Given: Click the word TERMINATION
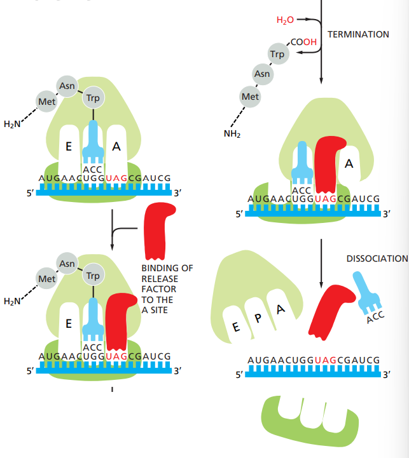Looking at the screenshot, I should click(358, 34).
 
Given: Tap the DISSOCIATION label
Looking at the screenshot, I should click(377, 259).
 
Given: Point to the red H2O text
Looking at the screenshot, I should click(286, 20).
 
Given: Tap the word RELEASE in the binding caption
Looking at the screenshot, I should click(160, 279).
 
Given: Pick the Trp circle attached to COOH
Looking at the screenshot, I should click(277, 55).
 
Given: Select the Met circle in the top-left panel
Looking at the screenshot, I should click(46, 101).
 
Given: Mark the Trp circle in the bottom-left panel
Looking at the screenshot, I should click(93, 276).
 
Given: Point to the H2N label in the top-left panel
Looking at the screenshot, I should click(12, 124).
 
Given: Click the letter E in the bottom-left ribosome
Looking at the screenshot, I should click(68, 324).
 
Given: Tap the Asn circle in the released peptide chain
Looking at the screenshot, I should click(262, 74).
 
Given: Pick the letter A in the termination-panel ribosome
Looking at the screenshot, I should click(349, 164).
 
